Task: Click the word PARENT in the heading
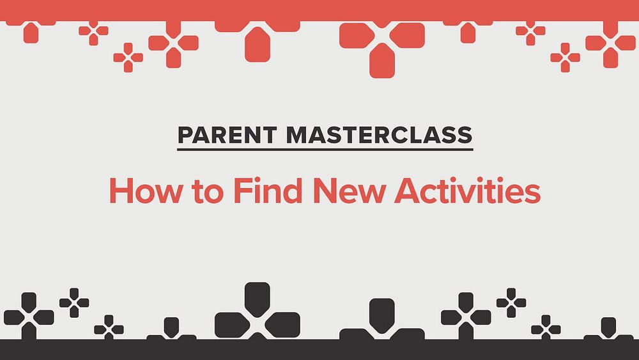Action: pyautogui.click(x=227, y=135)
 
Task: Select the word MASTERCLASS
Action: pyautogui.click(x=380, y=135)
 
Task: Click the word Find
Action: pyautogui.click(x=267, y=191)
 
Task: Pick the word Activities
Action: pyautogui.click(x=468, y=191)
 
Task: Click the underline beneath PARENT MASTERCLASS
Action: pyautogui.click(x=325, y=150)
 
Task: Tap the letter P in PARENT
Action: pyautogui.click(x=185, y=135)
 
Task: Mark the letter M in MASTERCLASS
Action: pyautogui.click(x=296, y=135)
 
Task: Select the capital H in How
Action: pyautogui.click(x=121, y=191)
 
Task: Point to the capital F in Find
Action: pyautogui.click(x=243, y=191)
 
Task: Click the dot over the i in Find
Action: pyautogui.click(x=258, y=180)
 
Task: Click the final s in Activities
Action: pyautogui.click(x=532, y=194)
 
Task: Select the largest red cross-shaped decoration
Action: pyautogui.click(x=382, y=45)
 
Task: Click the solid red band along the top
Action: pyautogui.click(x=319, y=10)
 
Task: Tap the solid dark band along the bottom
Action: pyautogui.click(x=319, y=350)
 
